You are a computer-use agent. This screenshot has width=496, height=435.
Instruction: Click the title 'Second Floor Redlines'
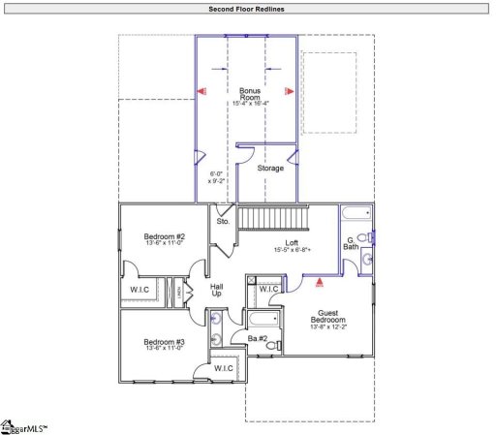click(247, 9)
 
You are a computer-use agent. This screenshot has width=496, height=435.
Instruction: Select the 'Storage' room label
click(270, 169)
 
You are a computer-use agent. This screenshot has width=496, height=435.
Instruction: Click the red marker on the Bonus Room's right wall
click(288, 91)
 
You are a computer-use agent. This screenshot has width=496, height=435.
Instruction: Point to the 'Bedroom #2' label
click(164, 237)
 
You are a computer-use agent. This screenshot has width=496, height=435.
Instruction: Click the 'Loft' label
click(292, 243)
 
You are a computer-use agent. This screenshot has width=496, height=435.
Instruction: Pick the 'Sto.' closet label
click(223, 222)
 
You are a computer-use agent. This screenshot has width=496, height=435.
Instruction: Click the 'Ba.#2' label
click(257, 338)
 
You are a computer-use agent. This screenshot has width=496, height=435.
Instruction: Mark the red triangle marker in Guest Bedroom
click(319, 284)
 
